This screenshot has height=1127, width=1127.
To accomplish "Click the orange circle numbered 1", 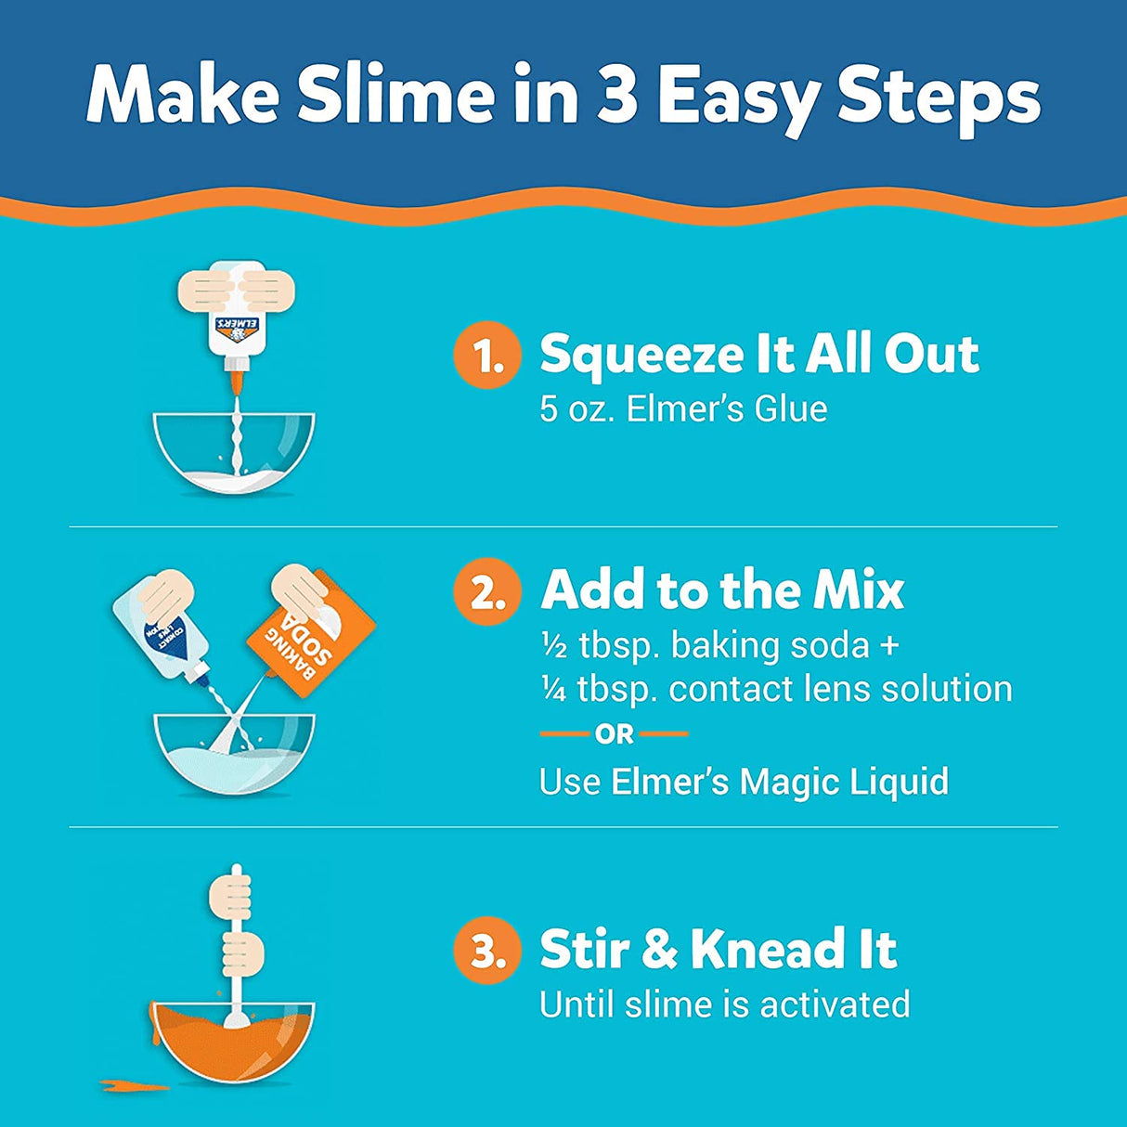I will [x=484, y=356].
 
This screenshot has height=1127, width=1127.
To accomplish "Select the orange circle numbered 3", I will [x=484, y=951].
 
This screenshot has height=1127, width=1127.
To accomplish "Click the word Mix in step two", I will [x=860, y=590].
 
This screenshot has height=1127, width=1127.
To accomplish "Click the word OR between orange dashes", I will [x=615, y=735].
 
